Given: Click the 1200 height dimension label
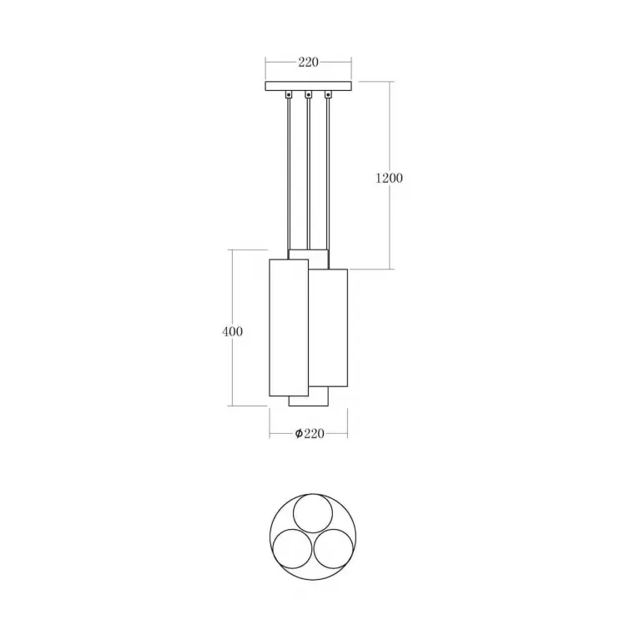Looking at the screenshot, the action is tap(389, 178).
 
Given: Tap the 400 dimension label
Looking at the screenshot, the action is tap(232, 331).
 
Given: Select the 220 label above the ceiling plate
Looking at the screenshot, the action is tap(308, 63).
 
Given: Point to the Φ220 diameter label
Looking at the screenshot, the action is tap(310, 433).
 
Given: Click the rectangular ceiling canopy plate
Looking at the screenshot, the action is tap(308, 86).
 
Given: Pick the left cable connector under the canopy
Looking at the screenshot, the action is tap(289, 94).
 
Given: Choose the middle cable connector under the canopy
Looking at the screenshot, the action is tap(308, 94).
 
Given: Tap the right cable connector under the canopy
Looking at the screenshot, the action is tap(328, 94).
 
